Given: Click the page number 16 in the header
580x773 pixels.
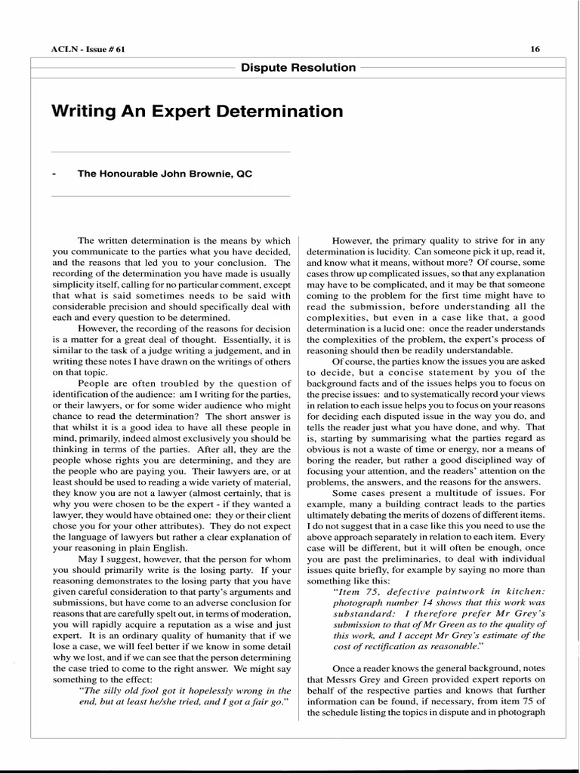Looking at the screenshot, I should (535, 50).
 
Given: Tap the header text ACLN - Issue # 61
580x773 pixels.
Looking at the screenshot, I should (84, 50).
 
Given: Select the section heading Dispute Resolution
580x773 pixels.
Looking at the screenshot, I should (298, 67).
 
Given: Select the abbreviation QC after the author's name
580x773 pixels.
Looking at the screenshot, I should (244, 174).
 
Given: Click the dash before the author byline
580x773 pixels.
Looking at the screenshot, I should (54, 174).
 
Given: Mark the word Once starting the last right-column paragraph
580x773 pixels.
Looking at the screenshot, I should (344, 669).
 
